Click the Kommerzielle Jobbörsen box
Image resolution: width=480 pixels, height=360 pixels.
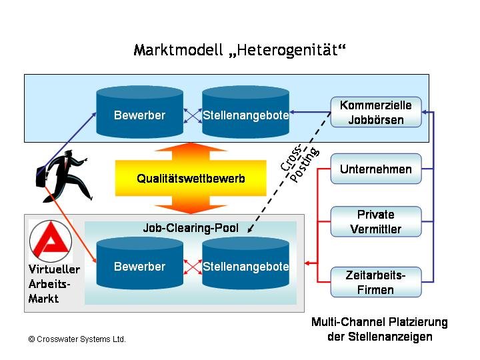point(376,113)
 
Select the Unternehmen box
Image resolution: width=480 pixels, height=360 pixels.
point(376,169)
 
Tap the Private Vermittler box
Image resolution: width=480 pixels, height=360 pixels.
point(376,221)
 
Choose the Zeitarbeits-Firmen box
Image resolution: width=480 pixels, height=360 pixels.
point(376,282)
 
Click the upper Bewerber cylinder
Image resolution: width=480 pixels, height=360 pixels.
point(139,115)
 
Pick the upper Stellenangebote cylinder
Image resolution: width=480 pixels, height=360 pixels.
point(245,115)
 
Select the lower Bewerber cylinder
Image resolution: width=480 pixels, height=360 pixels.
point(139,267)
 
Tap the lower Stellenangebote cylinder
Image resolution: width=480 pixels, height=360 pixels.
point(245,267)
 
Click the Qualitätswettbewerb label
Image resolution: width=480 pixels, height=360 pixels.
point(191,179)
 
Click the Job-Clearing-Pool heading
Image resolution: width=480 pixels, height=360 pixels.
point(191,228)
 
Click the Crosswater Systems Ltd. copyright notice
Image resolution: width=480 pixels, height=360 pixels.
point(77,339)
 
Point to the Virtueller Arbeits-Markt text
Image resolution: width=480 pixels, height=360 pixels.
point(54,284)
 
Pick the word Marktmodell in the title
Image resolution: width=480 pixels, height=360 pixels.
point(177,51)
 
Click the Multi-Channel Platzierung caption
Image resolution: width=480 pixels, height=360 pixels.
point(379,329)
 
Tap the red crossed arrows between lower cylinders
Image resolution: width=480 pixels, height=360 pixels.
point(193,267)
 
